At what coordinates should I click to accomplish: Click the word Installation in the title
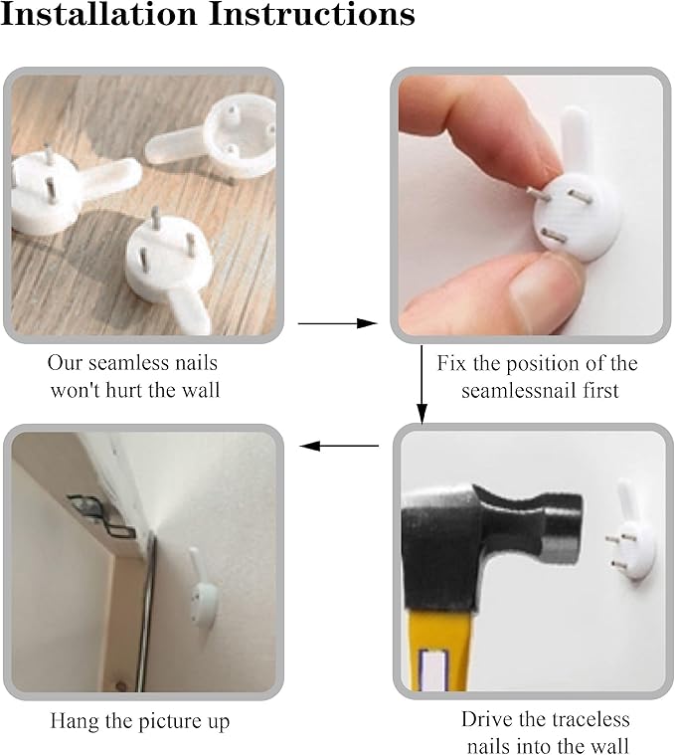pos(99,14)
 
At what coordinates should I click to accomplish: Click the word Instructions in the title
pos(312,14)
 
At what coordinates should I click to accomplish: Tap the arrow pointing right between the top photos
pos(338,323)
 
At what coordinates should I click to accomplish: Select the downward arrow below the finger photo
pos(422,384)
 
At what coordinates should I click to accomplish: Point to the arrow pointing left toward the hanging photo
pos(339,446)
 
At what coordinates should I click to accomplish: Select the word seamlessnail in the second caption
pos(520,390)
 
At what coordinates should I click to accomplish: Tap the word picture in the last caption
pos(164,722)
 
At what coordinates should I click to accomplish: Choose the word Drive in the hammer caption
pos(482,719)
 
